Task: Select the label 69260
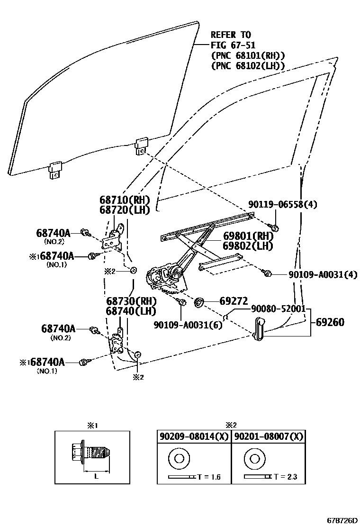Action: [330, 322]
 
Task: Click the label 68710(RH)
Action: [125, 200]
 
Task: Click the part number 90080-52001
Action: [271, 308]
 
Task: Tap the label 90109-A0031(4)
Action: [322, 274]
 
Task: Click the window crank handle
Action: [260, 329]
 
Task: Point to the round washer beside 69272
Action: [199, 301]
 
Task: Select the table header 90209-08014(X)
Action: [193, 436]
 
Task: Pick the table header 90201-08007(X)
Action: [268, 436]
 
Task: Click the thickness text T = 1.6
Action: [208, 477]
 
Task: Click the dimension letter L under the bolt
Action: [96, 477]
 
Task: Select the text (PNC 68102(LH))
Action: [248, 66]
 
